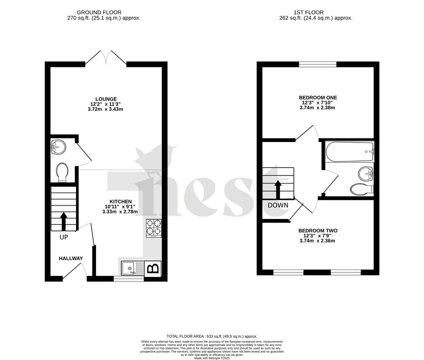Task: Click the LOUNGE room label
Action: (107, 99)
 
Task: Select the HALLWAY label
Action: (71, 258)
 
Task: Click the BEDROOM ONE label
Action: (318, 97)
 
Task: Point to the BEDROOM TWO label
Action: (318, 230)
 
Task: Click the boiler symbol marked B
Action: (153, 268)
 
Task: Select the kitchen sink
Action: (131, 269)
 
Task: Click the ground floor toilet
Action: (63, 172)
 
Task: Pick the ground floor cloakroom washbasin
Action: (58, 147)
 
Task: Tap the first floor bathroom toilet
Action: (361, 188)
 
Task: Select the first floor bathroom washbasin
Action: (365, 173)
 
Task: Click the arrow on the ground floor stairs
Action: (64, 220)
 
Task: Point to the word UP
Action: (64, 237)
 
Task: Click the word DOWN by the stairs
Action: (278, 205)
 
